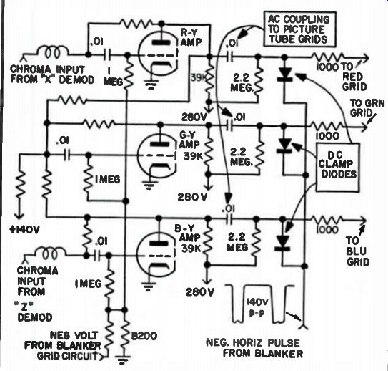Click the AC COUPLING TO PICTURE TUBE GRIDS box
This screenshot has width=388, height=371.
pyautogui.click(x=299, y=29)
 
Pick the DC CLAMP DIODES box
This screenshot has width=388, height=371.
pyautogui.click(x=337, y=167)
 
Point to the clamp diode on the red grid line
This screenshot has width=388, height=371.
pyautogui.click(x=284, y=74)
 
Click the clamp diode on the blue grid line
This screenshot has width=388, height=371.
pyautogui.click(x=282, y=242)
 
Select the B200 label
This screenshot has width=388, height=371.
pyautogui.click(x=144, y=337)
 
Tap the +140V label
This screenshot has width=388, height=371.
pyautogui.click(x=24, y=230)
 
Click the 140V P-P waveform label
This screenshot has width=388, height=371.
pyautogui.click(x=257, y=307)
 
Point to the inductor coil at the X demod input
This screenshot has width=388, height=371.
pyautogui.click(x=52, y=52)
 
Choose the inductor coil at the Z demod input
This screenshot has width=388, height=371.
pyautogui.click(x=51, y=253)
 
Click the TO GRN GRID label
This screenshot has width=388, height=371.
pyautogui.click(x=367, y=108)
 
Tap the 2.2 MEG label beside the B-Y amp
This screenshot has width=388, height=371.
pyautogui.click(x=237, y=242)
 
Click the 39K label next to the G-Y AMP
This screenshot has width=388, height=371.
pyautogui.click(x=193, y=156)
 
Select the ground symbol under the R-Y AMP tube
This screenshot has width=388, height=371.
pyautogui.click(x=151, y=85)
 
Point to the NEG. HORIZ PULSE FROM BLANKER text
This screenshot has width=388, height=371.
pyautogui.click(x=254, y=348)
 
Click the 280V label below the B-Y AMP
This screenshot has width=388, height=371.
pyautogui.click(x=199, y=292)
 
